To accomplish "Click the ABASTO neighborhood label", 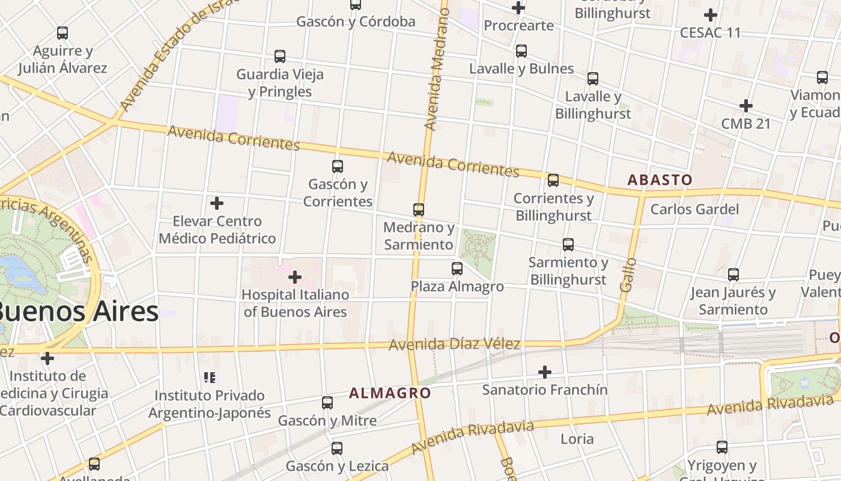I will [x=660, y=179].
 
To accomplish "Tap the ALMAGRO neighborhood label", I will [x=390, y=393].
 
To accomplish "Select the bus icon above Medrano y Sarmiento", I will [x=419, y=210].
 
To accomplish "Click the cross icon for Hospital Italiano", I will [x=295, y=277].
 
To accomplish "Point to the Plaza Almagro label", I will [x=457, y=286].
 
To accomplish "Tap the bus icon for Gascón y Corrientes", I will [x=338, y=167].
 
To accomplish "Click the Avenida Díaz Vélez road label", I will [x=454, y=345].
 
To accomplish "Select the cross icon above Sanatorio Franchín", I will [x=545, y=372].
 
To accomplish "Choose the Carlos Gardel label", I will [x=694, y=209].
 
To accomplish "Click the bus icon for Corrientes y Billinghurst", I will [x=553, y=180].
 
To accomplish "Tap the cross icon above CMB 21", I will [x=746, y=106].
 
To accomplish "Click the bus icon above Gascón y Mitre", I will [x=327, y=403].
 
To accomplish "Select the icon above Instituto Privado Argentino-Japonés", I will [x=210, y=378].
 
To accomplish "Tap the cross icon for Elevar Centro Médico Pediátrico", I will [x=217, y=203].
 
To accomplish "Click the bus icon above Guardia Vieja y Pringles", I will [x=280, y=57].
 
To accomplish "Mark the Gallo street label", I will [x=628, y=275].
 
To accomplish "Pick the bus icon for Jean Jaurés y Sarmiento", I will [x=733, y=275].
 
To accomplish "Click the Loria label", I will [x=577, y=439].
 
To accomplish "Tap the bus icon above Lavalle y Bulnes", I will [x=521, y=51].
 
